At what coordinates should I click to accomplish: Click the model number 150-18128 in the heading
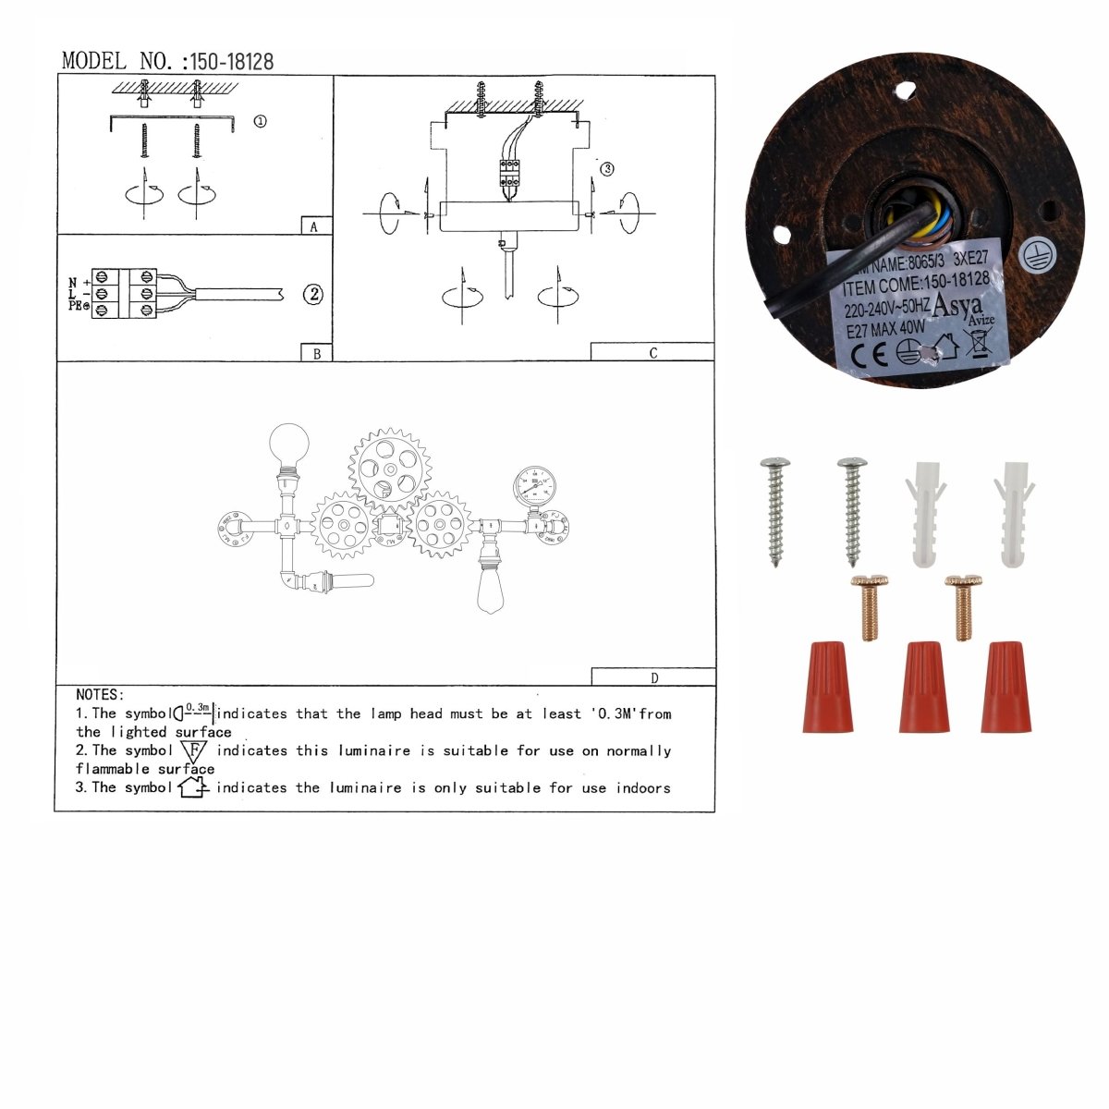tap(231, 62)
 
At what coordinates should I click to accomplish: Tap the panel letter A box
tap(315, 226)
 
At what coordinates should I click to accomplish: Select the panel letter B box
tap(316, 353)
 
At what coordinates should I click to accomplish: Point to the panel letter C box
tap(652, 352)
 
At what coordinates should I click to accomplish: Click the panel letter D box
tap(653, 677)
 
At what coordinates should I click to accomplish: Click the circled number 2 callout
tap(314, 295)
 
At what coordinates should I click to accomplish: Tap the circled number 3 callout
tap(606, 169)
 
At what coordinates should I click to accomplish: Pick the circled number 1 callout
tap(260, 121)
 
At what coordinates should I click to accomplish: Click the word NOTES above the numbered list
tap(99, 694)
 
